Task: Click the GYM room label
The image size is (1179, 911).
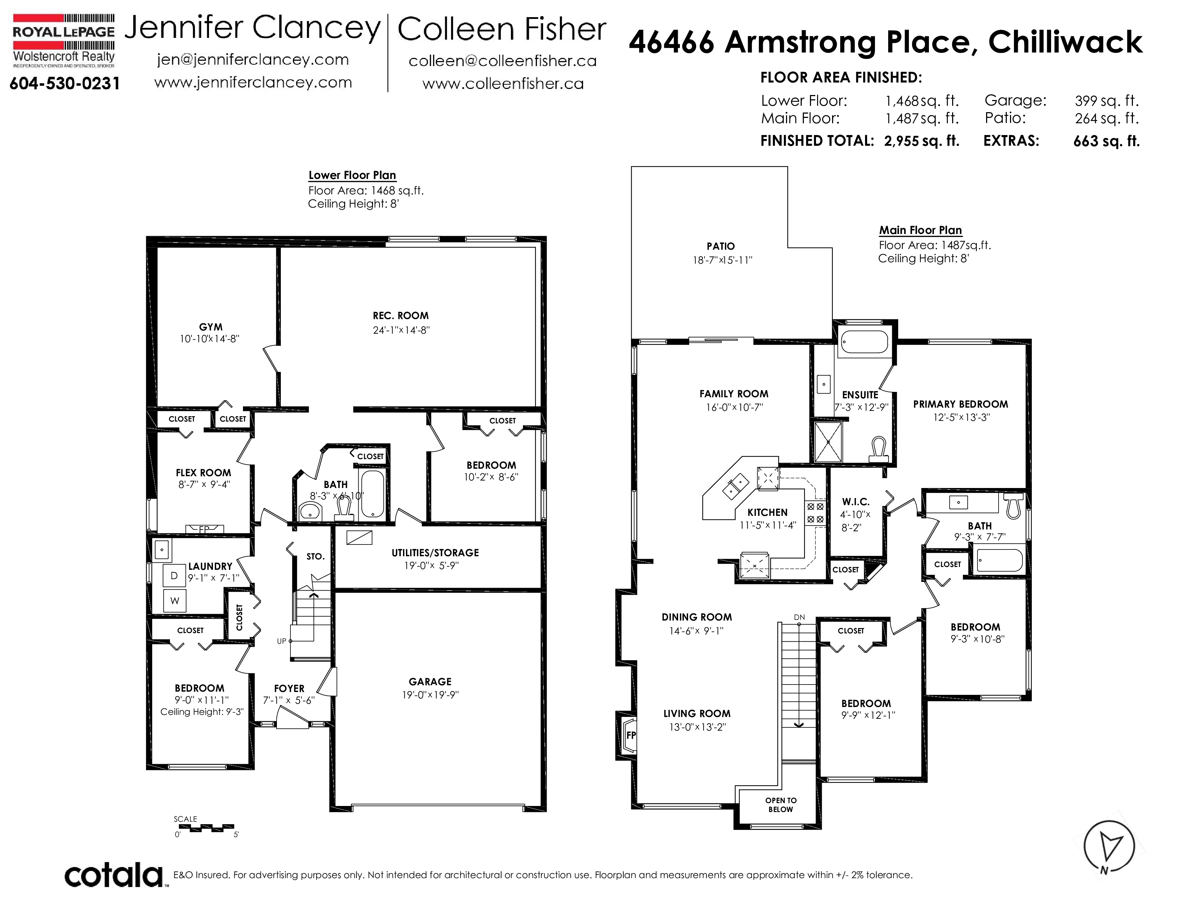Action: pyautogui.click(x=210, y=327)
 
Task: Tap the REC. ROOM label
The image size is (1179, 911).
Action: pyautogui.click(x=401, y=316)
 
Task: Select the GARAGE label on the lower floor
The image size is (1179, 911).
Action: pyautogui.click(x=430, y=682)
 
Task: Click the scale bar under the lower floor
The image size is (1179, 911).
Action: pyautogui.click(x=204, y=827)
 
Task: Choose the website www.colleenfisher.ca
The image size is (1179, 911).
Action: pyautogui.click(x=503, y=84)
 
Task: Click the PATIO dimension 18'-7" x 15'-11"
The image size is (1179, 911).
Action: pyautogui.click(x=722, y=260)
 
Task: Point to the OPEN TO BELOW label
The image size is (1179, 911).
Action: pyautogui.click(x=781, y=805)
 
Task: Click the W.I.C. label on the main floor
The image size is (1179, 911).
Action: pyautogui.click(x=856, y=502)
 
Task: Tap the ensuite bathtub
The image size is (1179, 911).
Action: pyautogui.click(x=864, y=342)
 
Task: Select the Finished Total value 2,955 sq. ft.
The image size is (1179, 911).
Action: pyautogui.click(x=921, y=141)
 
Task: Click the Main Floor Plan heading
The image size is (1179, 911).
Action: pyautogui.click(x=920, y=230)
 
